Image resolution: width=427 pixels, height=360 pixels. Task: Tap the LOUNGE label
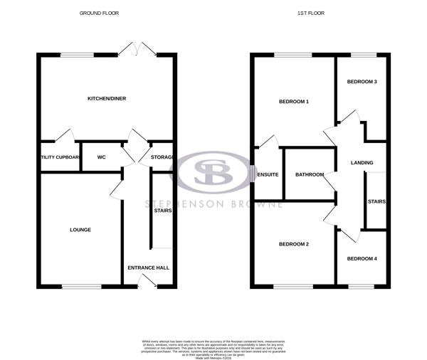point(80,229)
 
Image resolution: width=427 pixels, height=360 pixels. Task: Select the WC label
point(101,157)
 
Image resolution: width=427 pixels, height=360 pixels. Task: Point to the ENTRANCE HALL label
point(148,268)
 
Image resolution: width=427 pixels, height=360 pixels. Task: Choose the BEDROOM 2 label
point(293,245)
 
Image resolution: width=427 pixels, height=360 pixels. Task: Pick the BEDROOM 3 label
point(362,82)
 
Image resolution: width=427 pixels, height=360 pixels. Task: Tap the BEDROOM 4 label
point(362,258)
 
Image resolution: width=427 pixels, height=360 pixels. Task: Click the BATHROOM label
point(310,174)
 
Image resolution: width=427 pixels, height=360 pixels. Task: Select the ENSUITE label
point(268,174)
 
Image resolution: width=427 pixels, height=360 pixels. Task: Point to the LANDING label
point(362,164)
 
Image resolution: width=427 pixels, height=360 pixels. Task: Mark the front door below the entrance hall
point(147,282)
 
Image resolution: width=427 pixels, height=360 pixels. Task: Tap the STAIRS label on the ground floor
point(163,210)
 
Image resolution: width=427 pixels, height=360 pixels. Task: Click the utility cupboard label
point(59,157)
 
